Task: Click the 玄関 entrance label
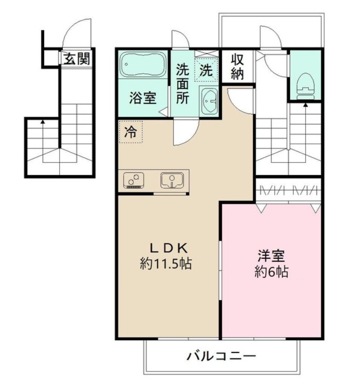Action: (x=77, y=59)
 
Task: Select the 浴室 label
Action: (x=143, y=98)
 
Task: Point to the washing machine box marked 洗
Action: (x=206, y=70)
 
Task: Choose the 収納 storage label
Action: (x=237, y=67)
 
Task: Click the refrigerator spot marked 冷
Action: (x=131, y=132)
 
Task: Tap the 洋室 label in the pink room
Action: (x=272, y=256)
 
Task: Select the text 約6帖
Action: (x=271, y=271)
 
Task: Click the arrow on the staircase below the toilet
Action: (x=306, y=106)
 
